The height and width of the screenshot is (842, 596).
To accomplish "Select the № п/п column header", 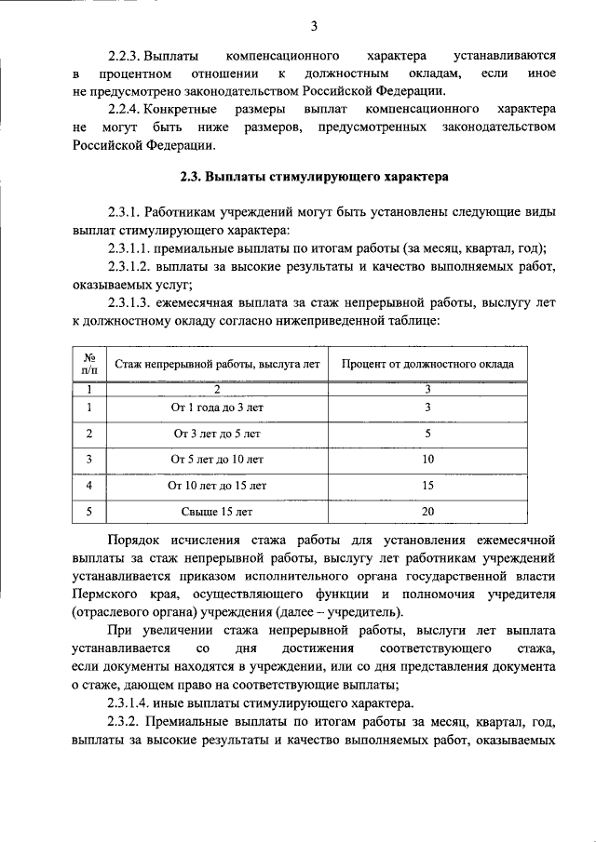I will tap(89, 365).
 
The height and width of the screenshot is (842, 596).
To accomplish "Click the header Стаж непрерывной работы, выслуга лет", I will tap(217, 365).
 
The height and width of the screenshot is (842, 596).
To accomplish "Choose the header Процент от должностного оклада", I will tap(427, 365).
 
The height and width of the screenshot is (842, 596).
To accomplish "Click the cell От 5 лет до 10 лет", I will tap(217, 460).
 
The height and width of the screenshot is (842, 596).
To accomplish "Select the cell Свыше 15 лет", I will tap(217, 512).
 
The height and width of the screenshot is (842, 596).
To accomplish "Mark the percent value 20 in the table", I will tap(427, 512).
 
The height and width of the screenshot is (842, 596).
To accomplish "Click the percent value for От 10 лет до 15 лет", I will tap(427, 486).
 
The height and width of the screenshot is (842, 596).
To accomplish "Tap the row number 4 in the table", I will tap(89, 486).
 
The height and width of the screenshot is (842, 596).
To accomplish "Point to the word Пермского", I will tap(103, 594).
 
